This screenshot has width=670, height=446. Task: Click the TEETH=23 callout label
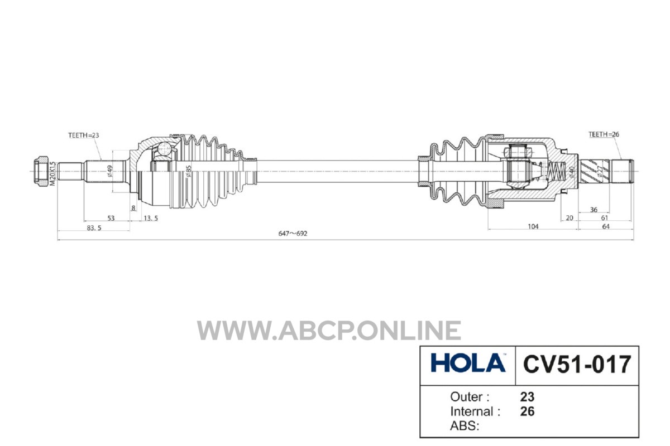83,135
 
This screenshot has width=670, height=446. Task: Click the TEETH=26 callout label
604,134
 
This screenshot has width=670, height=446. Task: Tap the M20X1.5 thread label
52,174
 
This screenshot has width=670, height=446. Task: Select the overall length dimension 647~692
293,234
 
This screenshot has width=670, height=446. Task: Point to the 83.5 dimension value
94,228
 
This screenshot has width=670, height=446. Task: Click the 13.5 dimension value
151,219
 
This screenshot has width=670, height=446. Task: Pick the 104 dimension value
533,226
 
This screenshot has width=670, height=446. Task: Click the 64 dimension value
606,226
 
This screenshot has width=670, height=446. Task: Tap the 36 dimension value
594,210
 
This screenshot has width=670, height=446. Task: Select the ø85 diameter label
188,171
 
